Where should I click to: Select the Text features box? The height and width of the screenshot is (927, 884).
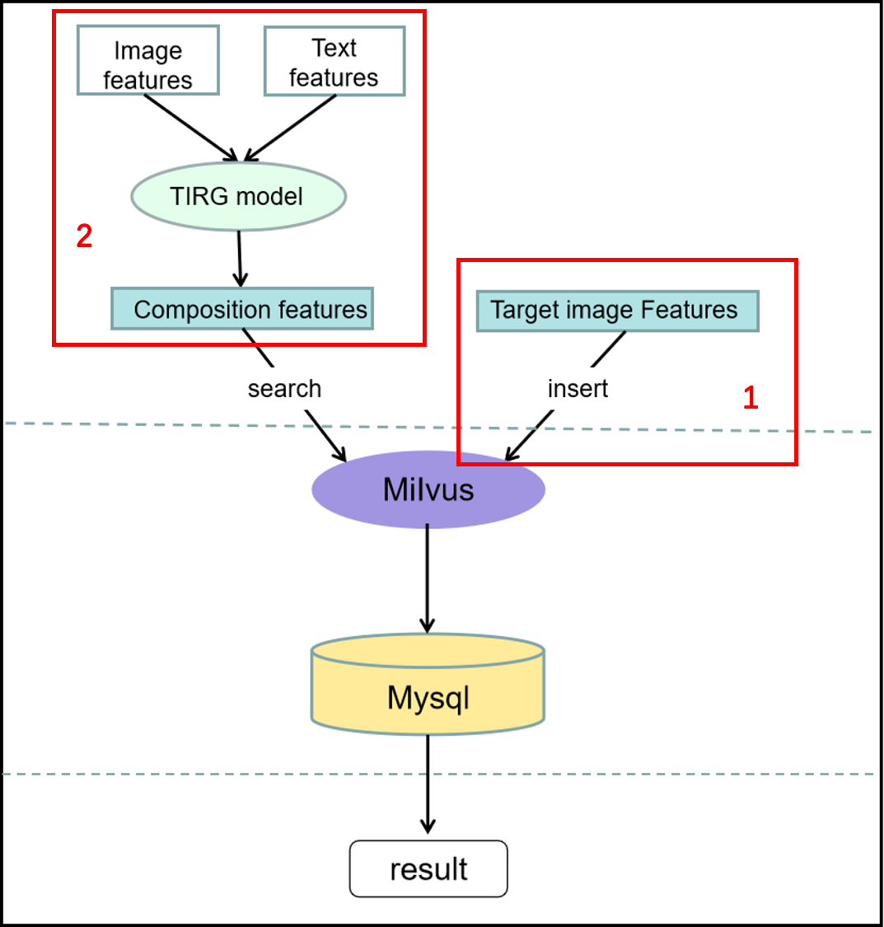[334, 61]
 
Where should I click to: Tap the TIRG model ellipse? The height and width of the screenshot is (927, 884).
[238, 196]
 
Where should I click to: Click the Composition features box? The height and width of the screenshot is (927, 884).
[242, 309]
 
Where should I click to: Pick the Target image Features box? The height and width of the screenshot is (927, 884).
[617, 311]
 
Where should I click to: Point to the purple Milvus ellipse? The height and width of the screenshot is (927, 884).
[428, 489]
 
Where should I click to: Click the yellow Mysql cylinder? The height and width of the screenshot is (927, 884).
[428, 692]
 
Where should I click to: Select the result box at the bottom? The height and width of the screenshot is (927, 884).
[428, 868]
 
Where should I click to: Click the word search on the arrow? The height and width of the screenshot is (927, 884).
[284, 388]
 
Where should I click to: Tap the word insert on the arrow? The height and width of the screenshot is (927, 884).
[578, 388]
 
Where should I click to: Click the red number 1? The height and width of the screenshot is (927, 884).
[751, 399]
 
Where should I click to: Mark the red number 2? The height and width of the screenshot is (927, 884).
[84, 237]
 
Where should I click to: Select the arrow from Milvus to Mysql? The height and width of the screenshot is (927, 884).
[427, 577]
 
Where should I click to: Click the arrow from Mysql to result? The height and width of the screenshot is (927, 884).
[427, 783]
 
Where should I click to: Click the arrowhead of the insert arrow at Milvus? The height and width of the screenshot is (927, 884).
[511, 455]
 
